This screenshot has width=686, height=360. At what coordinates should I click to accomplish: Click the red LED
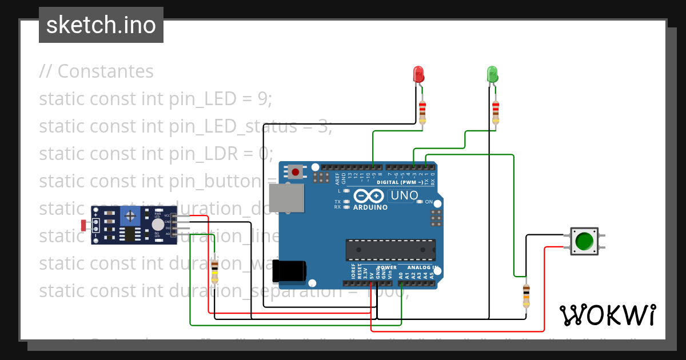click(418, 74)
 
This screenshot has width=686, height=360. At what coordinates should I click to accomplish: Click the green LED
click(492, 74)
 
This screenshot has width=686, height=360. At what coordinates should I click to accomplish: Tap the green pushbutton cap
click(584, 241)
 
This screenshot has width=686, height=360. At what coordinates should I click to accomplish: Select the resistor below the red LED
click(422, 111)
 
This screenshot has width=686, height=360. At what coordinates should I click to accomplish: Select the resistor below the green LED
click(496, 111)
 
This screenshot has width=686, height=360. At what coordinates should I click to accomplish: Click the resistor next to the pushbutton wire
click(526, 296)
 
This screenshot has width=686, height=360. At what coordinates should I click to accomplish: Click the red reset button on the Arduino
click(296, 171)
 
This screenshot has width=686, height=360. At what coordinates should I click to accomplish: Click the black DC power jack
click(289, 271)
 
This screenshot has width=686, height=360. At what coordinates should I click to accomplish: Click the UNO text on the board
click(404, 195)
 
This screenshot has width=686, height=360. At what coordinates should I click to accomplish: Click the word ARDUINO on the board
click(370, 207)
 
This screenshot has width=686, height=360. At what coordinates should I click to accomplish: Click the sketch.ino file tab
click(101, 25)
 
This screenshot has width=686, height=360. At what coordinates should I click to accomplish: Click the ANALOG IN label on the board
click(422, 267)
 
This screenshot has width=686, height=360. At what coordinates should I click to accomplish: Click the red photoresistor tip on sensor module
click(84, 225)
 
